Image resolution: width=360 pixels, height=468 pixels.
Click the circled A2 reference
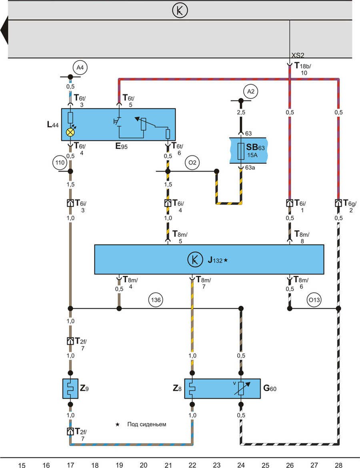coord(251,92)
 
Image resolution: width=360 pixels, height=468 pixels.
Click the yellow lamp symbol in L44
coord(70,132)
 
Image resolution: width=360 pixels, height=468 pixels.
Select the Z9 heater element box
coord(70,388)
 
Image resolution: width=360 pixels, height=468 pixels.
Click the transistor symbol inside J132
coord(194,260)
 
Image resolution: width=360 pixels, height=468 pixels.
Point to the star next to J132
coord(226,260)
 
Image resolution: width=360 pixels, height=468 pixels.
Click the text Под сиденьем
coord(146,424)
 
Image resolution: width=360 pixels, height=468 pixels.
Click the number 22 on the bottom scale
coord(192,465)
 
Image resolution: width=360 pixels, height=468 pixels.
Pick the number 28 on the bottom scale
coord(339,465)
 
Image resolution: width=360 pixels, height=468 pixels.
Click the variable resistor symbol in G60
coord(241,388)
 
